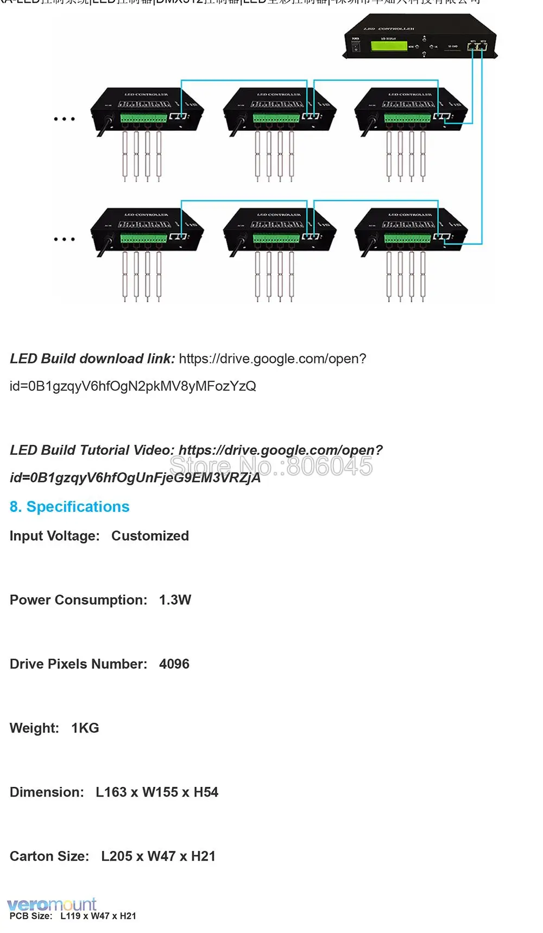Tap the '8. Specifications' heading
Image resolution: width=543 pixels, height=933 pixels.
click(70, 506)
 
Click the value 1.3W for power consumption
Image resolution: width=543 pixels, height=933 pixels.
click(175, 600)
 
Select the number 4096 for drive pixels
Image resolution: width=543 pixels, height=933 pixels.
click(174, 664)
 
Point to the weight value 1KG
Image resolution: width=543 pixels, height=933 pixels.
click(85, 728)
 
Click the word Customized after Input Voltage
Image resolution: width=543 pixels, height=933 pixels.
click(150, 536)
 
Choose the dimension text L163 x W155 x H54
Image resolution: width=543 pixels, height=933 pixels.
click(157, 792)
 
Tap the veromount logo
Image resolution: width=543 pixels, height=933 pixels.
click(52, 904)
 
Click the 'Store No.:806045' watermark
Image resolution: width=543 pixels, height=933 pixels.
click(271, 466)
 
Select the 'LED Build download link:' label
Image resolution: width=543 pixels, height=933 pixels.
click(92, 359)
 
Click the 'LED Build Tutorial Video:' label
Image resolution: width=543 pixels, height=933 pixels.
click(92, 450)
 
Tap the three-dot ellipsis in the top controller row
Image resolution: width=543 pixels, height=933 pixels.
click(64, 118)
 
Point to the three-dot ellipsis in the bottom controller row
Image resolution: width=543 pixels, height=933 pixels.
click(64, 239)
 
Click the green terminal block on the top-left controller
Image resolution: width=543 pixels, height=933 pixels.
click(143, 118)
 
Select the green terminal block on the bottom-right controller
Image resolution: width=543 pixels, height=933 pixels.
click(407, 238)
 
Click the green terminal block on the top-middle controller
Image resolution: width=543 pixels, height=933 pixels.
click(276, 118)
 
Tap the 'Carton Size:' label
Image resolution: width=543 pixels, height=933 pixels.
click(49, 856)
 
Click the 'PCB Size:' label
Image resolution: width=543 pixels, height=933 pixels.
click(31, 916)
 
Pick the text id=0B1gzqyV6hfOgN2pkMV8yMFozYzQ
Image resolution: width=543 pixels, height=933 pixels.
click(133, 386)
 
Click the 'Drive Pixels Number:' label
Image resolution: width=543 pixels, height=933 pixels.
click(78, 664)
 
